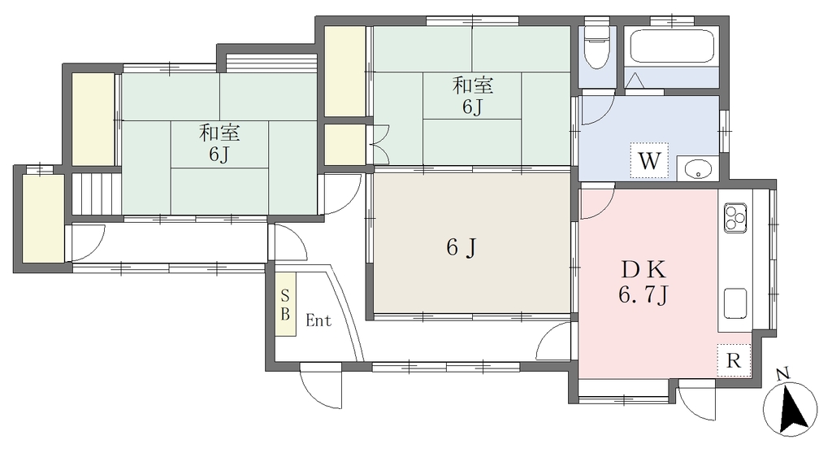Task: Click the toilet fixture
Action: pyautogui.click(x=597, y=46)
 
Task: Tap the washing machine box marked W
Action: pyautogui.click(x=648, y=160)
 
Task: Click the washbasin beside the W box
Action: pyautogui.click(x=697, y=169)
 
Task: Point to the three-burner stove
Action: pyautogui.click(x=734, y=217)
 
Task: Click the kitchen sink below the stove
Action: pyautogui.click(x=734, y=303)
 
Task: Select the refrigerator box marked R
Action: pyautogui.click(x=734, y=360)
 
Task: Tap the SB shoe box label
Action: pyautogui.click(x=285, y=304)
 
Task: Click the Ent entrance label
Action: pyautogui.click(x=318, y=320)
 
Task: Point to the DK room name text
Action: pyautogui.click(x=643, y=271)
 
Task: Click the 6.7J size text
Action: pyautogui.click(x=643, y=294)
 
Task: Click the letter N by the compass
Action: pyautogui.click(x=782, y=374)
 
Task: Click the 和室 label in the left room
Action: pyautogui.click(x=219, y=133)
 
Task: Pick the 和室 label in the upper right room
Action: pyautogui.click(x=473, y=85)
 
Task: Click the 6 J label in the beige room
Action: pyautogui.click(x=460, y=247)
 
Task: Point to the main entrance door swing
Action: pyautogui.click(x=320, y=385)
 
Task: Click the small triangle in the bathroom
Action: pyautogui.click(x=635, y=81)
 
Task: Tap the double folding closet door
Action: pyautogui.click(x=379, y=144)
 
